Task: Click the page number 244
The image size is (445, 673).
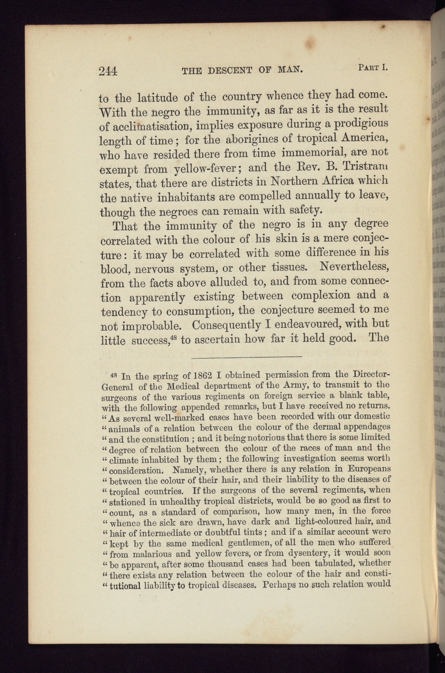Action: click(108, 71)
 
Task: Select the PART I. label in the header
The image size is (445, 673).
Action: click(372, 68)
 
